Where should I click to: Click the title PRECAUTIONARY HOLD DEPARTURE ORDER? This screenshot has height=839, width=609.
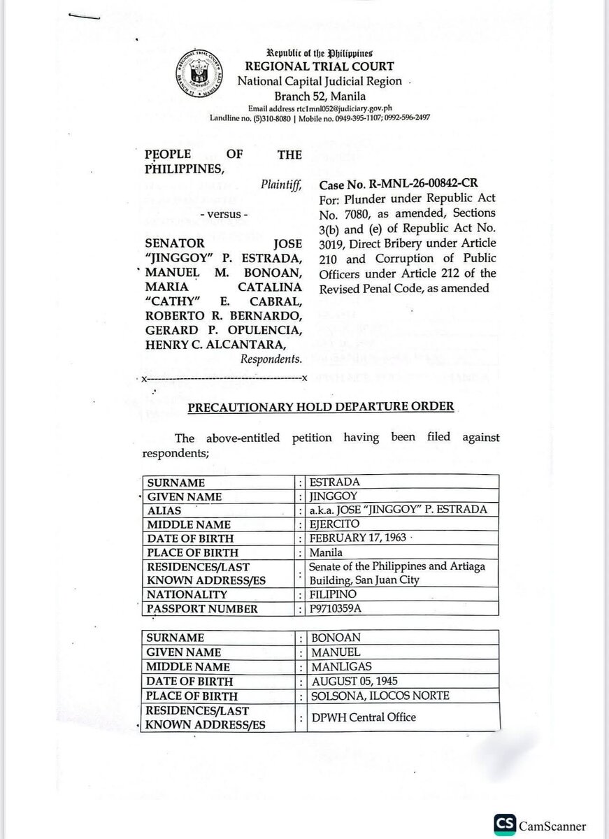click(320, 406)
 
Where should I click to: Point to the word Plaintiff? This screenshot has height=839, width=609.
click(281, 185)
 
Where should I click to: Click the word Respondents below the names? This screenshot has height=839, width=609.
click(271, 359)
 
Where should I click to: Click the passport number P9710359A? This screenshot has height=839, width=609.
click(340, 608)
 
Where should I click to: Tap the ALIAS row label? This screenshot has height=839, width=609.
click(164, 510)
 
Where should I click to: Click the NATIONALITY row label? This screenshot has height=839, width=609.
click(187, 594)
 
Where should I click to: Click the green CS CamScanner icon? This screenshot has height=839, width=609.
click(505, 825)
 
